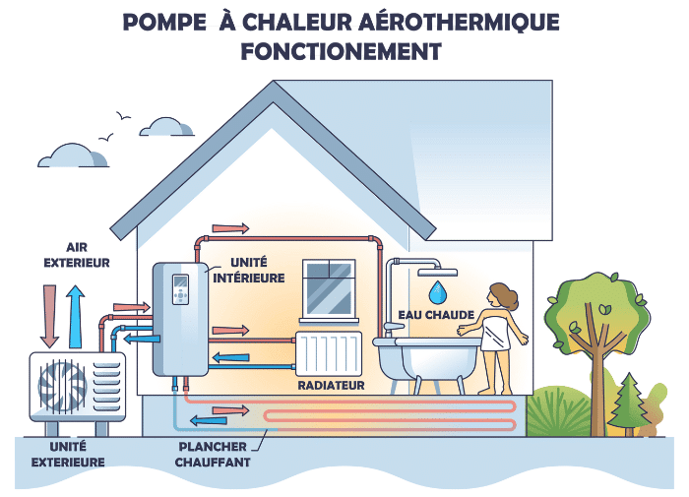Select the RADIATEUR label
331,385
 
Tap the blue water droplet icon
436,290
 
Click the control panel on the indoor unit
180,288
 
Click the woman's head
502,294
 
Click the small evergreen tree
625,400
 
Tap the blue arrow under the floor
207,421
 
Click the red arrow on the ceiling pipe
230,228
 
